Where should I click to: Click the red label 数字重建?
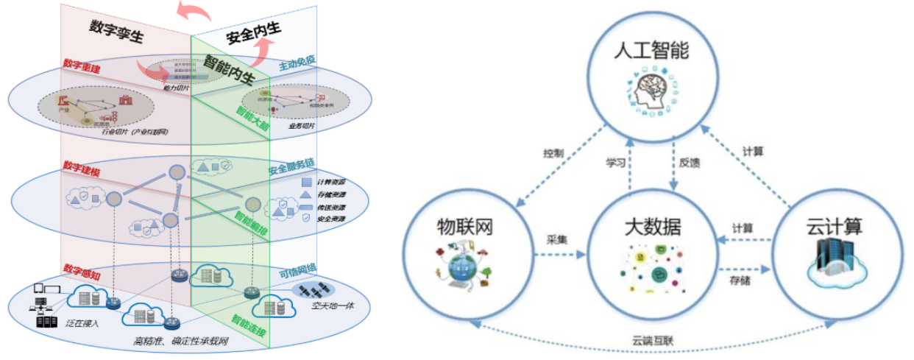pos(82,68)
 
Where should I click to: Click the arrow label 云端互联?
pos(652,341)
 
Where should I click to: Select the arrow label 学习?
pos(615,163)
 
